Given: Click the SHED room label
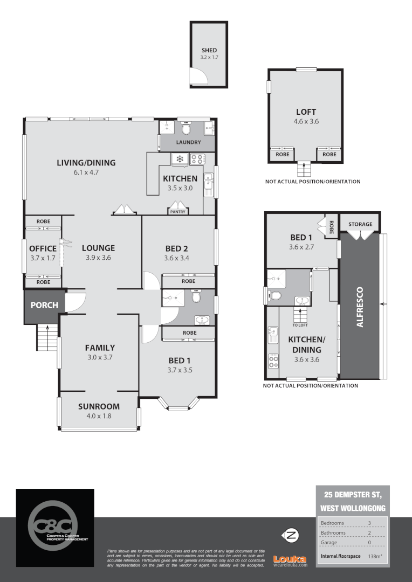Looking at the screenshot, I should click(x=209, y=51).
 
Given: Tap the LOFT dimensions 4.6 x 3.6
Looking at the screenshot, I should click(x=306, y=122).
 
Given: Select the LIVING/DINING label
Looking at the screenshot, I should click(x=87, y=163).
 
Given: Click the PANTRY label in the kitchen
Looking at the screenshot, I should click(x=177, y=212).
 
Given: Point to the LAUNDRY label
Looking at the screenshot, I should click(x=188, y=142).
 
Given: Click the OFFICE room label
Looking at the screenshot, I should click(x=43, y=248).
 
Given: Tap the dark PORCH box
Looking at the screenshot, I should click(x=44, y=306).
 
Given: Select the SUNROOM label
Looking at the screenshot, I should click(x=99, y=406).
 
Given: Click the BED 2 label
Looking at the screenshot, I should click(x=177, y=248).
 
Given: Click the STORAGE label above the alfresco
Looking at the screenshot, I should click(x=360, y=224).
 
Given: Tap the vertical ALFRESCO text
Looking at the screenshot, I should click(x=360, y=308).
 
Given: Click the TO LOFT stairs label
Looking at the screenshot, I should click(x=299, y=325).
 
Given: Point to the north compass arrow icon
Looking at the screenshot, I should click(x=291, y=536).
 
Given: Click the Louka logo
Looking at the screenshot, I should click(x=290, y=560).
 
